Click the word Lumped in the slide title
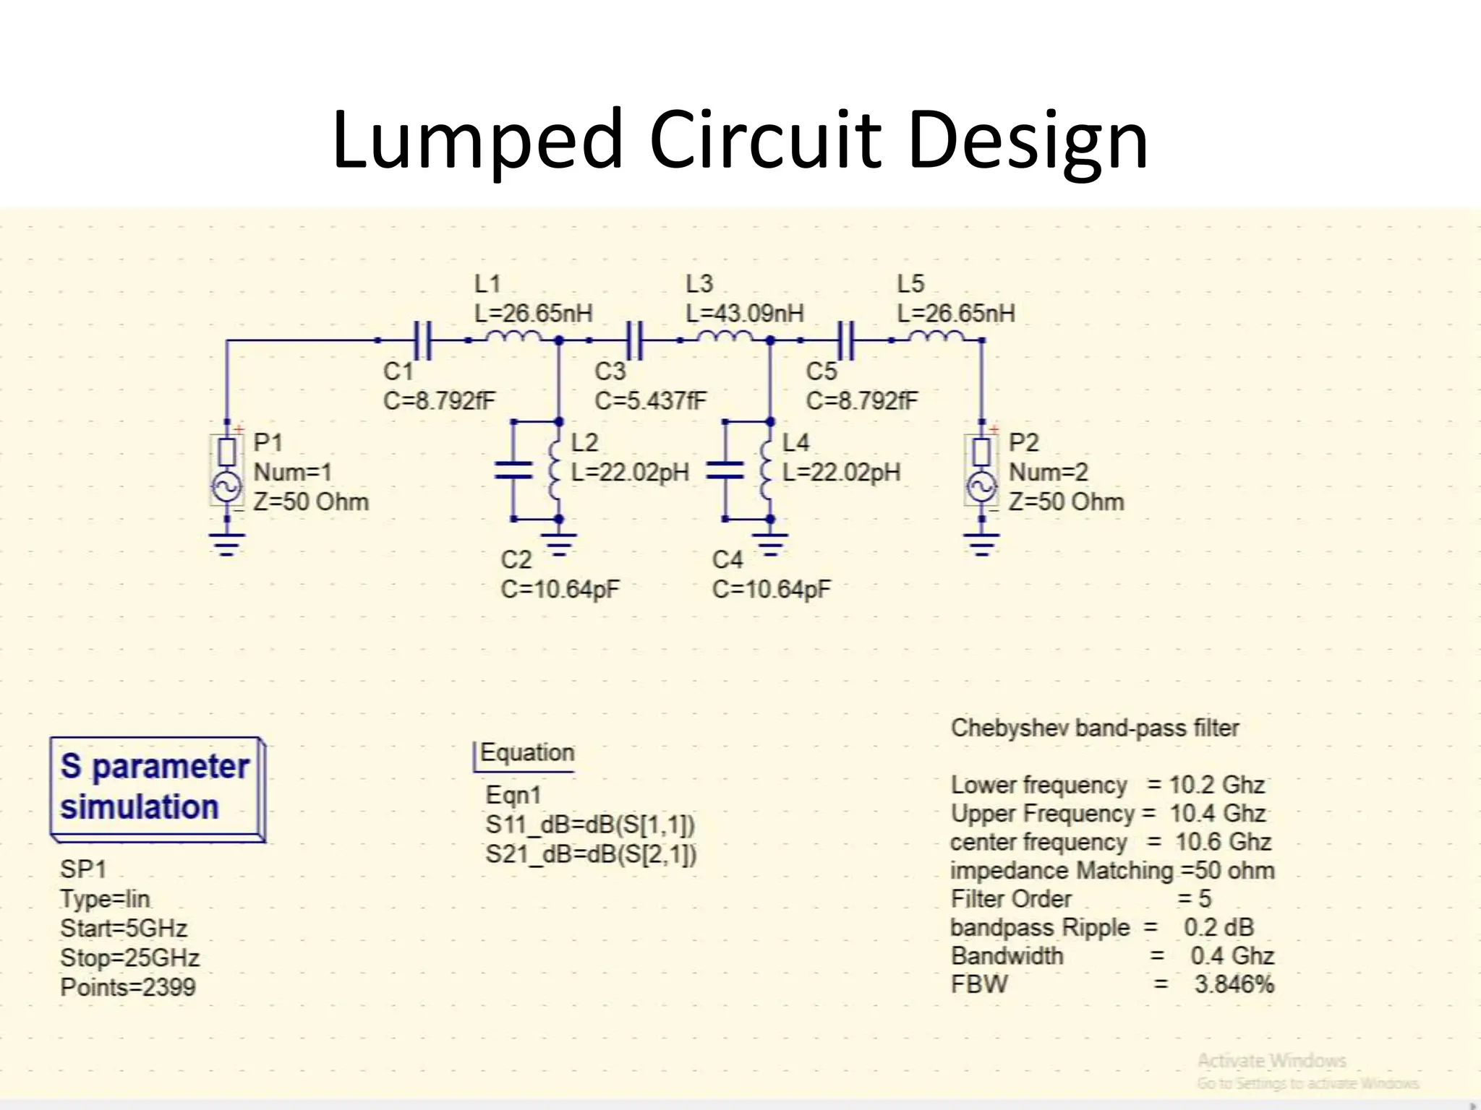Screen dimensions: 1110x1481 pyautogui.click(x=477, y=141)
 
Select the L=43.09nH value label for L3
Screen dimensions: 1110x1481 pyautogui.click(x=744, y=314)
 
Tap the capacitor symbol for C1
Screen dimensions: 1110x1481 pyautogui.click(x=423, y=340)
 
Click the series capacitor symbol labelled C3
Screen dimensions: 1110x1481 pyautogui.click(x=634, y=340)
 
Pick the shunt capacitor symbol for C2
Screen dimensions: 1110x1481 pyautogui.click(x=513, y=471)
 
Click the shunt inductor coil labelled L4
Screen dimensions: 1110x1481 pyautogui.click(x=767, y=470)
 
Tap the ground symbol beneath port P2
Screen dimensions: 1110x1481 pyautogui.click(x=981, y=543)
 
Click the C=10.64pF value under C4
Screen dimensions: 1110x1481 pyautogui.click(x=772, y=590)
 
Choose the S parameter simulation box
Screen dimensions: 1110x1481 pyautogui.click(x=157, y=788)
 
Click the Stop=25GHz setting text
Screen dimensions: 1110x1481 pyautogui.click(x=130, y=958)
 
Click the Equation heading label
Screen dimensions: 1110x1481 pyautogui.click(x=526, y=753)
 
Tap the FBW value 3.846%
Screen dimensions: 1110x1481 pyautogui.click(x=1234, y=985)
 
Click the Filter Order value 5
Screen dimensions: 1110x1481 pyautogui.click(x=1204, y=899)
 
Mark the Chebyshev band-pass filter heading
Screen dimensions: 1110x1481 pyautogui.click(x=1095, y=728)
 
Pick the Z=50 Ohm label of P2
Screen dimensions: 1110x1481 pyautogui.click(x=1067, y=502)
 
